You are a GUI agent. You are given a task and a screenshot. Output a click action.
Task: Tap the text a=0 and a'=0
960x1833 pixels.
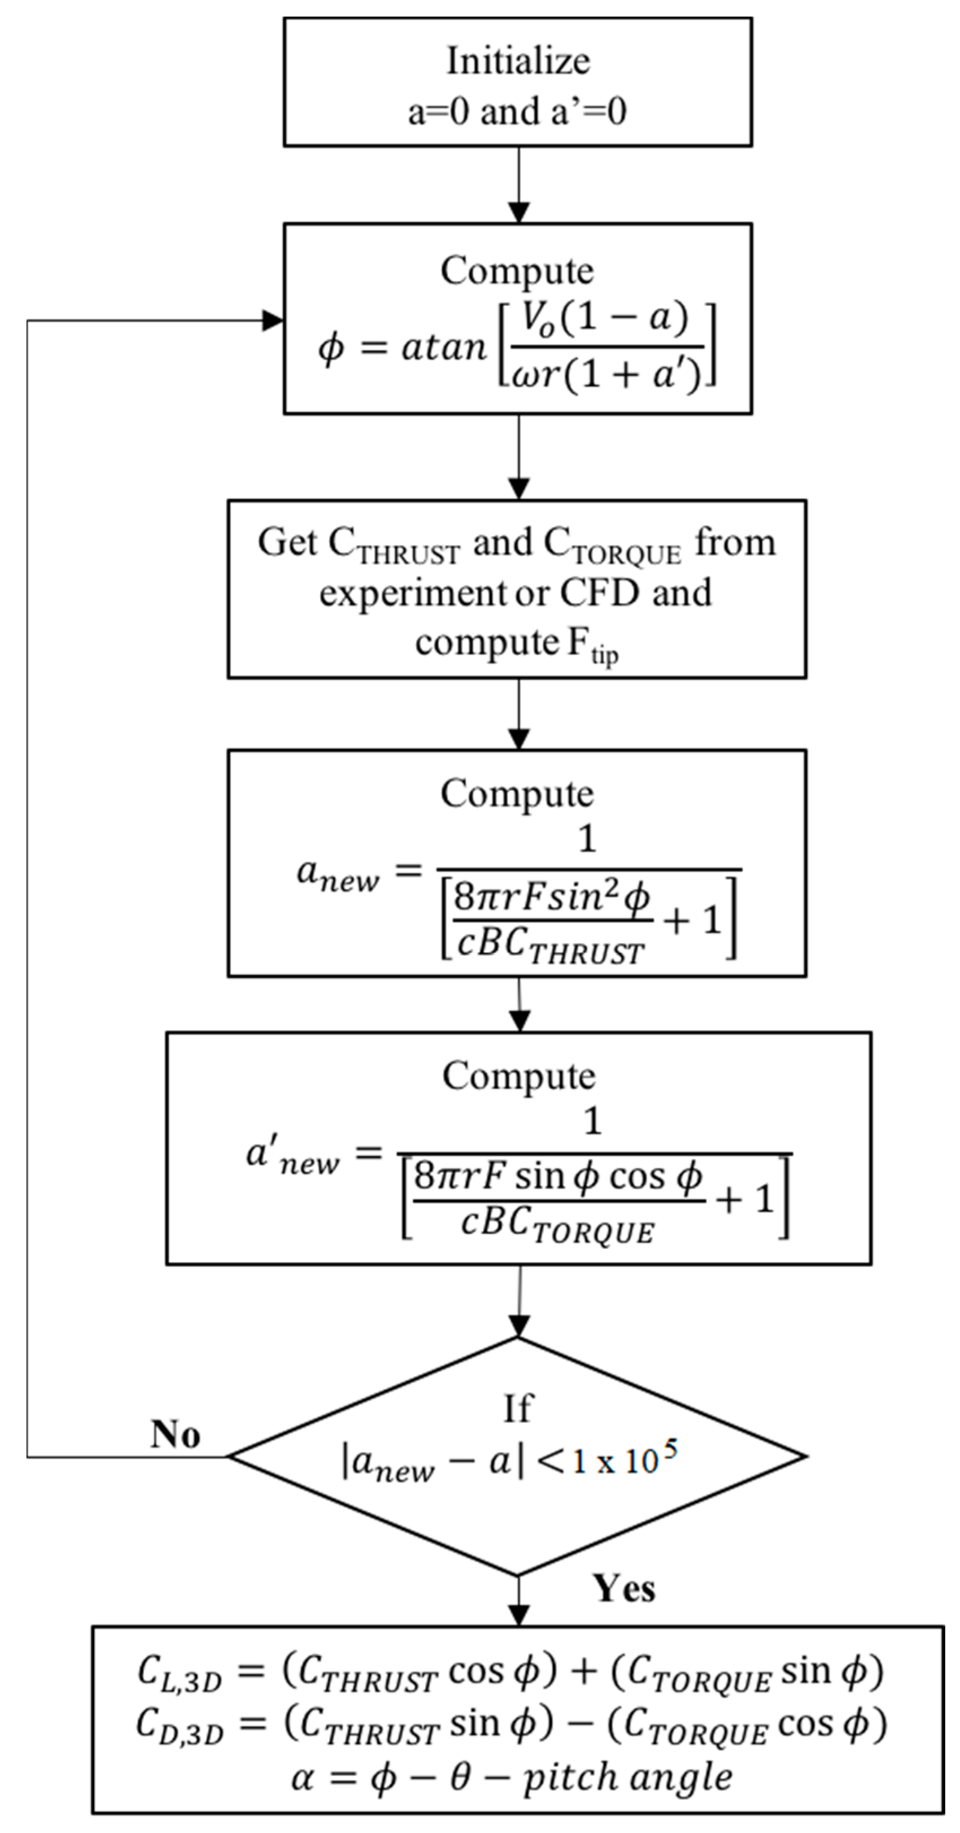pyautogui.click(x=518, y=112)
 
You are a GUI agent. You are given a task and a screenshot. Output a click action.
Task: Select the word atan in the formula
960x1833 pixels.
pyautogui.click(x=443, y=348)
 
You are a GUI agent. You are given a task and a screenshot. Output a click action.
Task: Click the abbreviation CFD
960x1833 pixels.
pyautogui.click(x=600, y=593)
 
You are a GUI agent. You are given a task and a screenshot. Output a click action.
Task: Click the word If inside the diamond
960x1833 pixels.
pyautogui.click(x=518, y=1408)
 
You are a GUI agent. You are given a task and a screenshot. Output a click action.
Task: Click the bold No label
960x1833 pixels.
pyautogui.click(x=176, y=1435)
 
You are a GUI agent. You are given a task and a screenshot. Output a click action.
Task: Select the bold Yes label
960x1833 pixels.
pyautogui.click(x=625, y=1589)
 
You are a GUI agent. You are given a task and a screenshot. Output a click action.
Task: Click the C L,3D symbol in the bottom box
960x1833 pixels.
pyautogui.click(x=179, y=1673)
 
